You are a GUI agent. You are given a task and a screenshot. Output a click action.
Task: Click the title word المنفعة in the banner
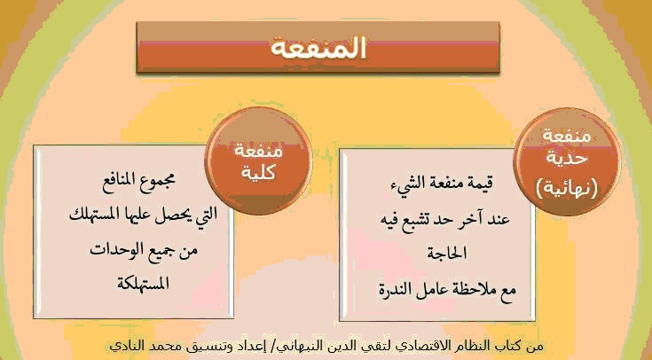tap(318, 48)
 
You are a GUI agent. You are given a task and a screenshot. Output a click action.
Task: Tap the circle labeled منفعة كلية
tap(258, 161)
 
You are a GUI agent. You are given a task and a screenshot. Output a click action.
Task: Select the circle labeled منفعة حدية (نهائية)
tap(567, 162)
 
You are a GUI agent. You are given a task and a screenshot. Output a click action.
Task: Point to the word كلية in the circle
tap(258, 172)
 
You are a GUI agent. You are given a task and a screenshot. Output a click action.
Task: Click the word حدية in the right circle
tap(567, 160)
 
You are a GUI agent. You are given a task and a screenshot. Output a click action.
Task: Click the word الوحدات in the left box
tap(112, 249)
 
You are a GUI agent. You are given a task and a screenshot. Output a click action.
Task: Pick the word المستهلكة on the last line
tap(143, 283)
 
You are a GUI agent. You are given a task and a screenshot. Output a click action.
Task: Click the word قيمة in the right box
tap(479, 183)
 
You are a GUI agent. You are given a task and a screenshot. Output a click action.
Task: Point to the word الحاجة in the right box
tap(446, 253)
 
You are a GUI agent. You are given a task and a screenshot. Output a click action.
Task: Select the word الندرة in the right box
tap(395, 289)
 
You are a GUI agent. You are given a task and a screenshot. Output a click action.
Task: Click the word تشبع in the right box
tap(415, 218)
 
